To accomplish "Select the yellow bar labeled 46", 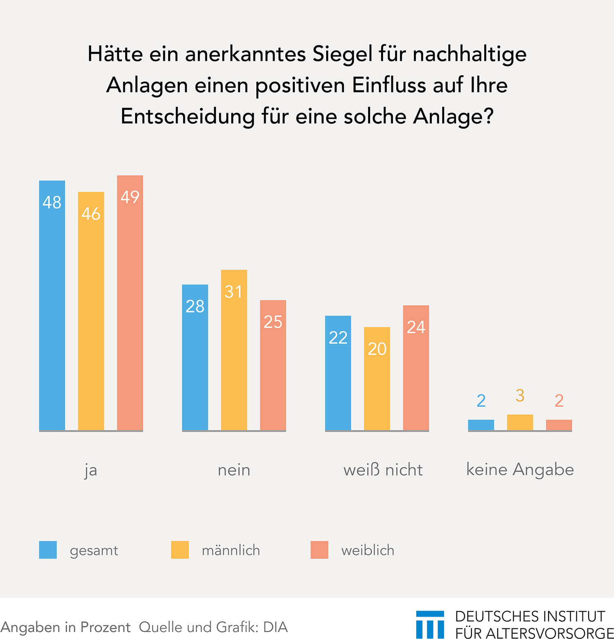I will coord(91,311).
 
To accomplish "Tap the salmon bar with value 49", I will coord(130,303).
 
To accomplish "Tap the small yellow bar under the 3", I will coord(520,422).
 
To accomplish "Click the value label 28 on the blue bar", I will coord(195,306).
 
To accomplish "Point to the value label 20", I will coord(377,349).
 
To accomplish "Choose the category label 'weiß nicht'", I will coord(383,470).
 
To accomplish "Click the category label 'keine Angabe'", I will coord(520,470).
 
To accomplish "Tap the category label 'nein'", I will coord(234,470).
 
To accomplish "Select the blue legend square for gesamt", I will coord(48,550).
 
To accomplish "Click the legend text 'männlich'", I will coord(231,550).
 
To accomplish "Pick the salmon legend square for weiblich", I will coord(319,550).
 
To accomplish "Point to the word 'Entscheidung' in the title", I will coord(187,116).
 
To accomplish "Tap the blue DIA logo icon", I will coord(430,624).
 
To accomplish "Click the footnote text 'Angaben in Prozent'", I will coord(65,627).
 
